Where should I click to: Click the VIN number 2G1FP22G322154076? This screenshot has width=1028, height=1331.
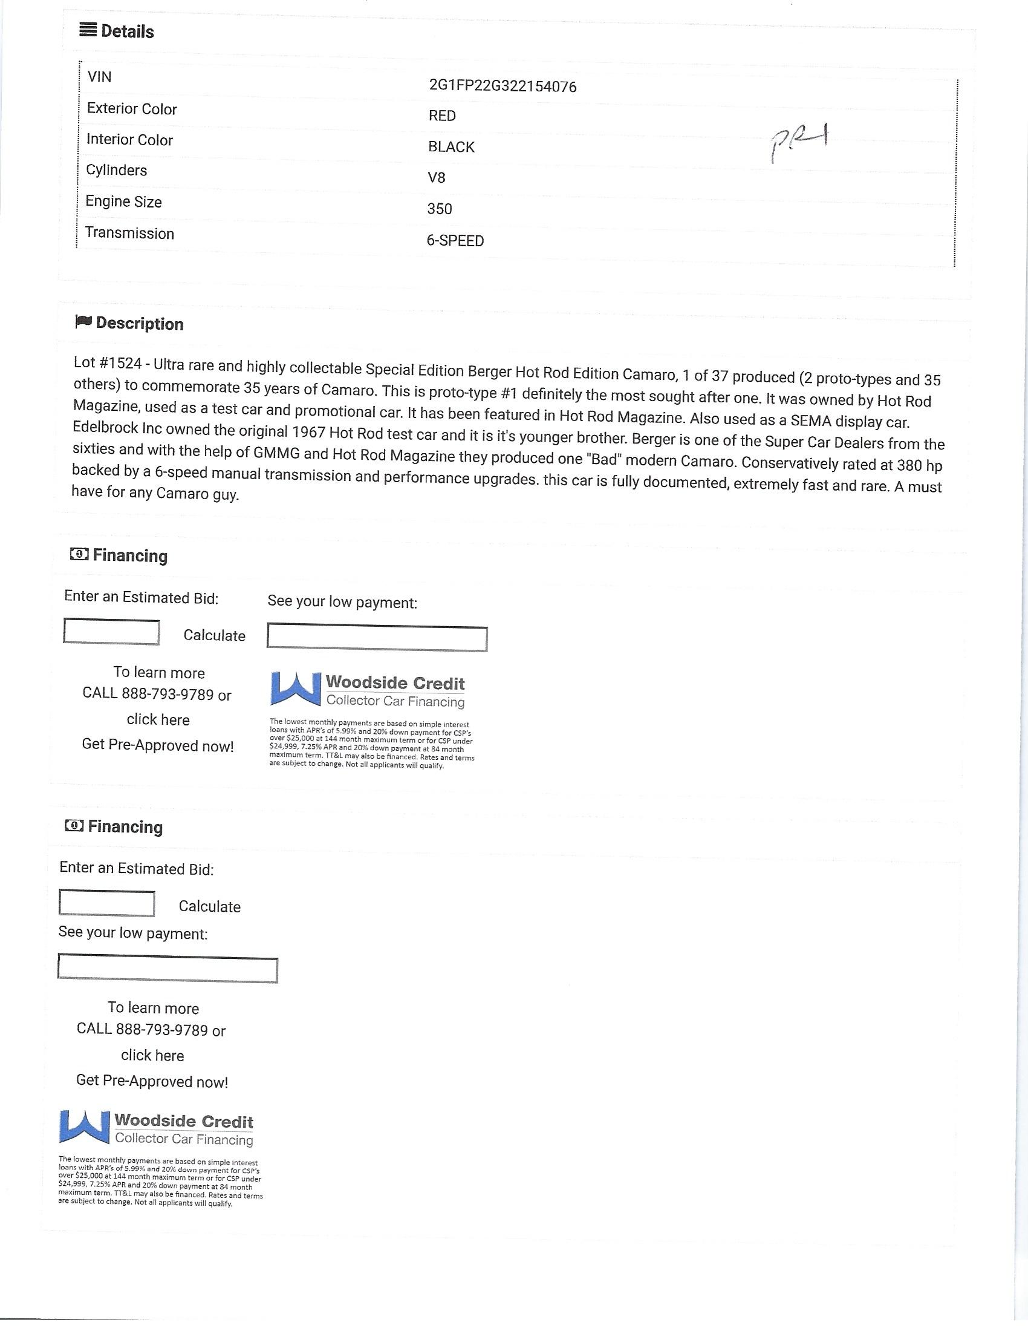point(503,87)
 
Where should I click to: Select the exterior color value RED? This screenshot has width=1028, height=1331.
point(441,116)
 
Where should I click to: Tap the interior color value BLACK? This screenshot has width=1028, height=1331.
point(451,147)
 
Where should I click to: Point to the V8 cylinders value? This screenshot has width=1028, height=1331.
point(436,178)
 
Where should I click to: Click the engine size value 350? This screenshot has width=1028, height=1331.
point(439,209)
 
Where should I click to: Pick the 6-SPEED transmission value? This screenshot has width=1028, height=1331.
point(455,241)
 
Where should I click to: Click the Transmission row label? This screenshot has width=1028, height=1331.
point(129,234)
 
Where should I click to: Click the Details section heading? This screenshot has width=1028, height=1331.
point(126,31)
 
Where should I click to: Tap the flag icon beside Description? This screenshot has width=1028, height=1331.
point(83,322)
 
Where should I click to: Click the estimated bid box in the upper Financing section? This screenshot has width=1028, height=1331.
point(111,632)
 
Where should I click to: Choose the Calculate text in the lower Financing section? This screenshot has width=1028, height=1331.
point(209,907)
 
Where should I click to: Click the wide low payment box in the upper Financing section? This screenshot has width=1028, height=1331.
point(377,638)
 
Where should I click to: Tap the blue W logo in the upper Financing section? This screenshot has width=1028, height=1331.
point(295,689)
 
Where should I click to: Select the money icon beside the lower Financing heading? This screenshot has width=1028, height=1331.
point(74,826)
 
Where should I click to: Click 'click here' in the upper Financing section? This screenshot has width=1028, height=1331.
point(158,720)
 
